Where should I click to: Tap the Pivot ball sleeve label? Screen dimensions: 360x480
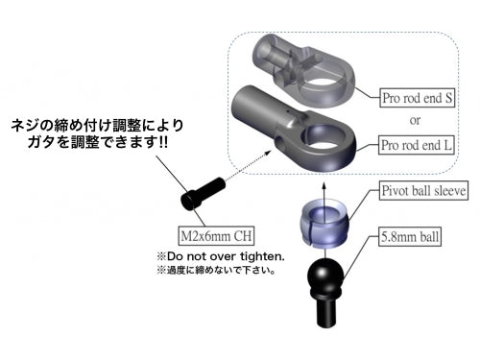click(x=423, y=191)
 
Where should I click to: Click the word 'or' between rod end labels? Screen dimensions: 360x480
click(x=416, y=121)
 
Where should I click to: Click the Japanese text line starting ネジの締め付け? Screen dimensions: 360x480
click(x=96, y=125)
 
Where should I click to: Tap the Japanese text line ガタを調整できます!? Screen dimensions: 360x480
click(x=96, y=143)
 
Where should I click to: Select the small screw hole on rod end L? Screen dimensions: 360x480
click(x=278, y=146)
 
